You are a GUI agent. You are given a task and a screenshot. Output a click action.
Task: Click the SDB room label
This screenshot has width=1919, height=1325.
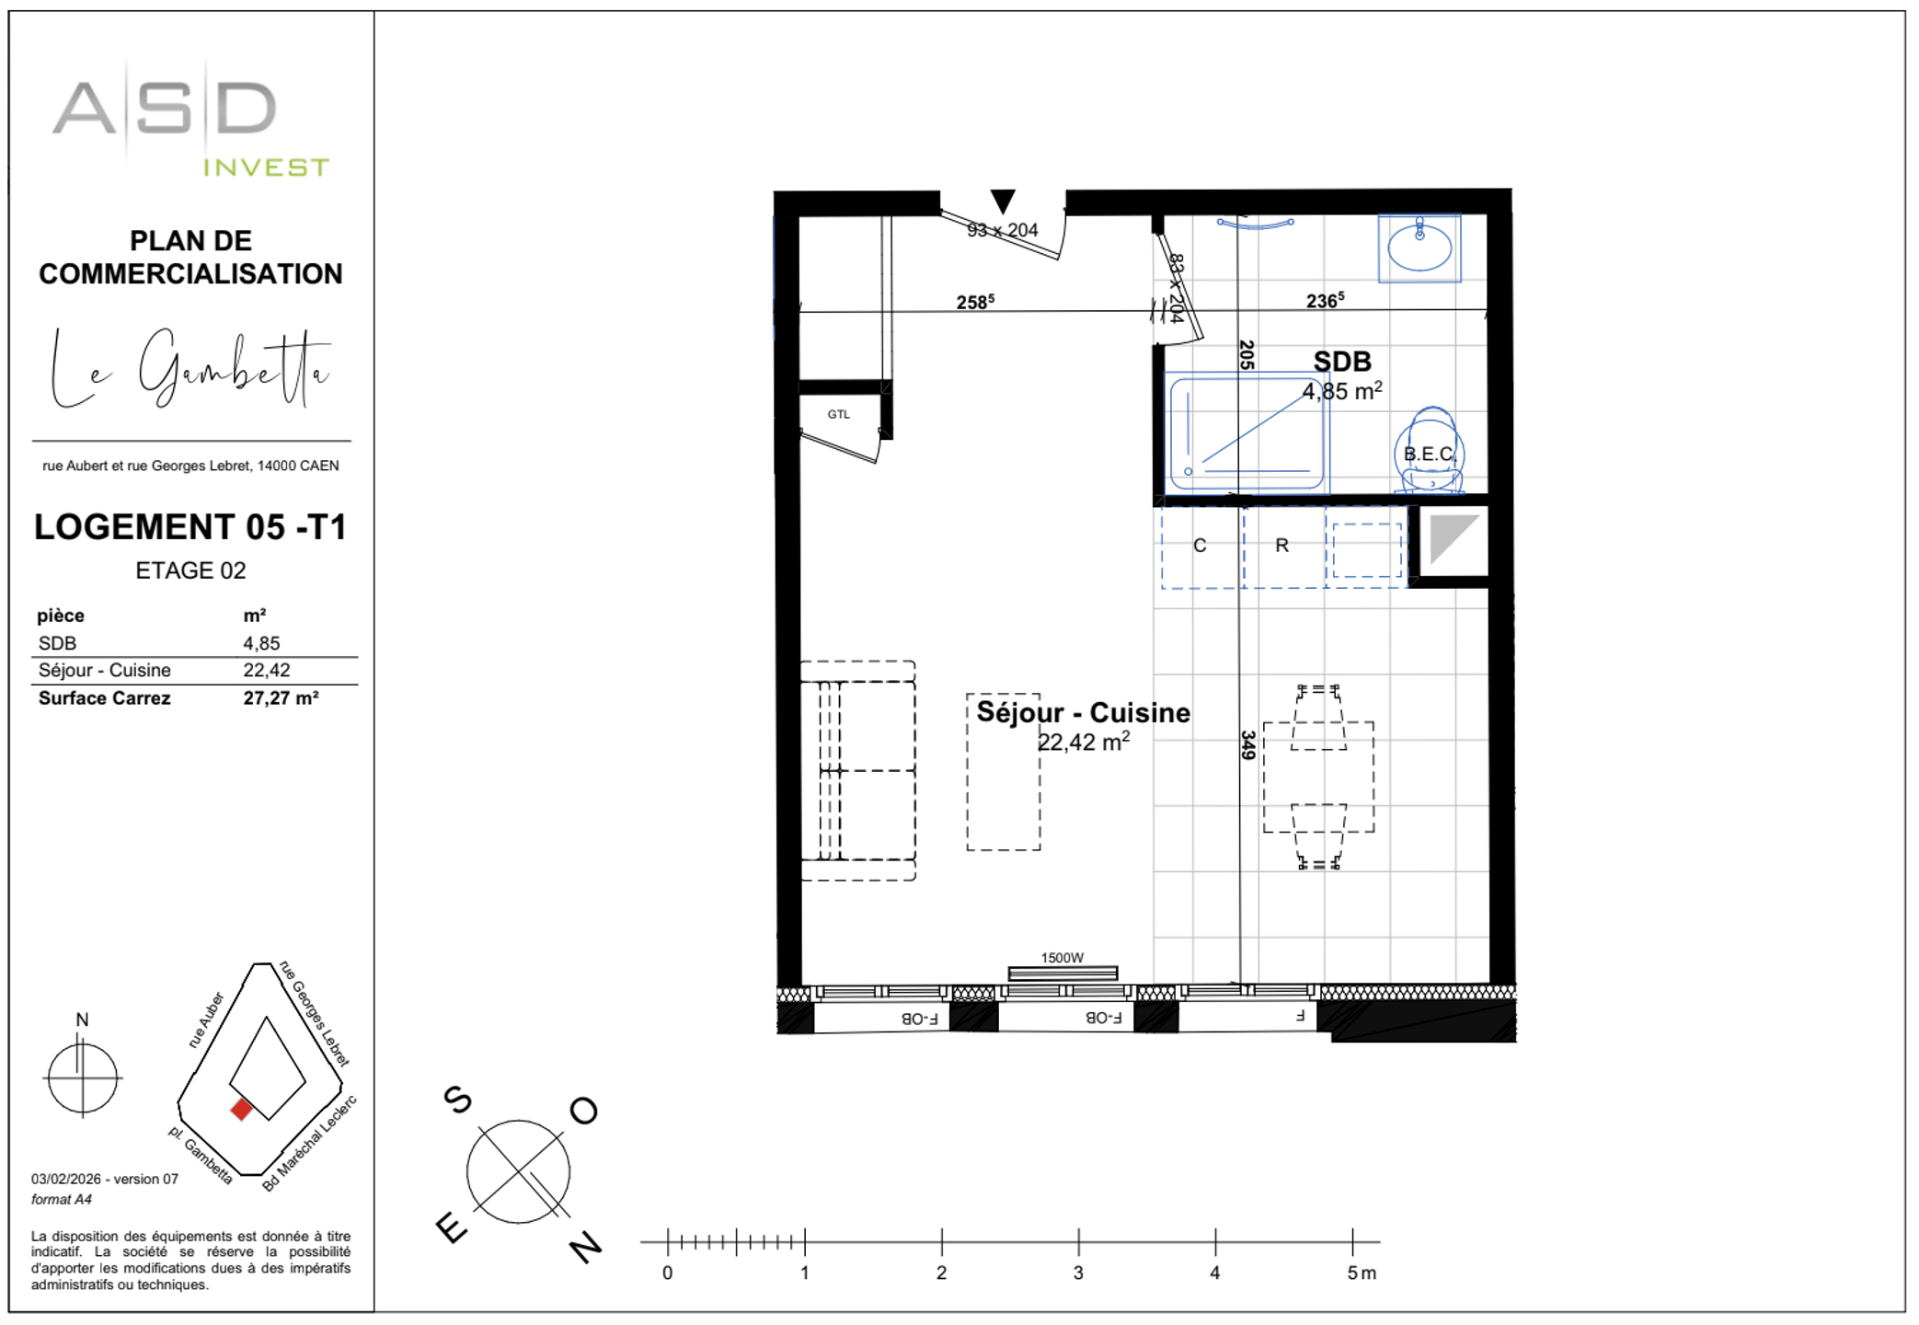click(1341, 363)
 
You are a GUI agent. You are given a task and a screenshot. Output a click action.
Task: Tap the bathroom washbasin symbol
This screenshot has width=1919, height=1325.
click(1419, 248)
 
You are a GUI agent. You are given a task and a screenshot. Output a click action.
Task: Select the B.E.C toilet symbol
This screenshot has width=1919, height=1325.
click(1429, 453)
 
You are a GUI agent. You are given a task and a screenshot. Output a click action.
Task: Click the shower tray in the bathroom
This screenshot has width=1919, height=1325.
click(1246, 433)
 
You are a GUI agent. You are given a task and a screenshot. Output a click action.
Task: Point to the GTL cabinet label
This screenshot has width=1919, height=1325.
click(838, 415)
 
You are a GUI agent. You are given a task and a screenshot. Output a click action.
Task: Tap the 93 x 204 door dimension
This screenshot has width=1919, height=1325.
click(1002, 230)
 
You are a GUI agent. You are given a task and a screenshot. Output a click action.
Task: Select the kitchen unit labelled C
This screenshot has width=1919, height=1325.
click(1200, 546)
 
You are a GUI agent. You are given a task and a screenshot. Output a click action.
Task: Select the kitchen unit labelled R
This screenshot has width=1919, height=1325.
click(1281, 546)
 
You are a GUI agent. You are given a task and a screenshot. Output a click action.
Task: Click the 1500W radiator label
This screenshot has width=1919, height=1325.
click(1062, 958)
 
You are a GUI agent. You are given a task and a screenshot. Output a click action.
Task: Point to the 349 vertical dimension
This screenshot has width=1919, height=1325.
click(1247, 744)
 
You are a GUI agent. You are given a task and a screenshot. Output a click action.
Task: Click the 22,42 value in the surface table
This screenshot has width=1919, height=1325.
click(267, 671)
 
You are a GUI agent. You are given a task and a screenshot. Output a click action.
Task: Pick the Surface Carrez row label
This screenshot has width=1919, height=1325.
click(104, 698)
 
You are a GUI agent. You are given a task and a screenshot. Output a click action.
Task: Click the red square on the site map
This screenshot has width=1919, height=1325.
click(241, 1110)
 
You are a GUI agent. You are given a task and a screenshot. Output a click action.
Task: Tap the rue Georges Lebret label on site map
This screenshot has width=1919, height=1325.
click(315, 1013)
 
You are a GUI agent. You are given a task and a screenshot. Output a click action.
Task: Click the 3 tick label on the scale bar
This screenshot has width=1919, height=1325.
click(1078, 1273)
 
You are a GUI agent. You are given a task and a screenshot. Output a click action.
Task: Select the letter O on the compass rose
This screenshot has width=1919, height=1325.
click(583, 1112)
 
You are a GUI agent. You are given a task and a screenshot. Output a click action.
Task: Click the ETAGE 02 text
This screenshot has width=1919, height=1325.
click(190, 570)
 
